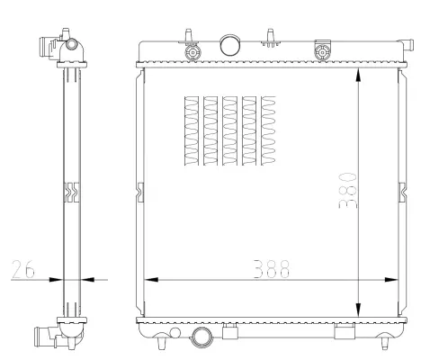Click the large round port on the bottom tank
click(x=202, y=339)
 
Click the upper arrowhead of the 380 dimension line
click(x=360, y=76)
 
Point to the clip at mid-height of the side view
click(x=71, y=191)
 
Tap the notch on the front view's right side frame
click(x=401, y=191)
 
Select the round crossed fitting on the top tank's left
click(x=191, y=52)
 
